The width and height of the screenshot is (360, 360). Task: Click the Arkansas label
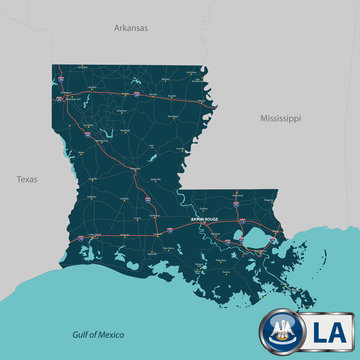(130, 29)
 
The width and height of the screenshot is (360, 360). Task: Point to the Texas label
(27, 180)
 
